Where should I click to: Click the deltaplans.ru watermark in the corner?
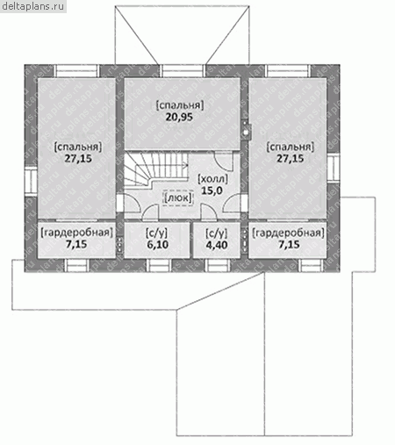[x=33, y=6]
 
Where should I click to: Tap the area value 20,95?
[x=179, y=117]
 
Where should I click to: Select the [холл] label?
[x=212, y=179]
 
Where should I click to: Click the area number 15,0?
[x=212, y=190]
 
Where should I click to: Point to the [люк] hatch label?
[x=178, y=197]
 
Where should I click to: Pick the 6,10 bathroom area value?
[x=157, y=244]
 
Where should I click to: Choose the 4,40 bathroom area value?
[x=217, y=245]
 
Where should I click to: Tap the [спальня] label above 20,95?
[x=180, y=105]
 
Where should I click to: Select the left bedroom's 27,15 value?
[x=78, y=159]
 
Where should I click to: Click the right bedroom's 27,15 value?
[x=291, y=159]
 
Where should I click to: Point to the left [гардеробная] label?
[x=76, y=233]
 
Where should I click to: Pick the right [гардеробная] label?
[x=289, y=233]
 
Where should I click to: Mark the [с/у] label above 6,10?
[x=157, y=233]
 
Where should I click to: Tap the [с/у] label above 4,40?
[x=217, y=233]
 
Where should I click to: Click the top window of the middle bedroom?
[x=183, y=71]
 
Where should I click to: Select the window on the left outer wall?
[x=31, y=180]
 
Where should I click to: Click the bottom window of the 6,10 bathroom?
[x=158, y=265]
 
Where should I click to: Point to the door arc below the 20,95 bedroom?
[x=225, y=161]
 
